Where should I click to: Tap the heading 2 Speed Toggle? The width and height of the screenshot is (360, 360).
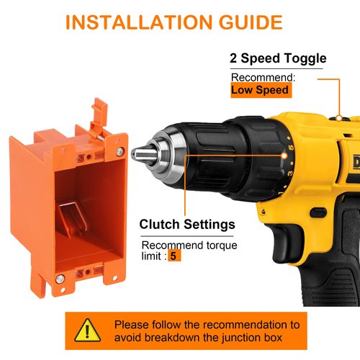coord(278,58)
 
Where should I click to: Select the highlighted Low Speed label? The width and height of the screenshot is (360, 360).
coord(261,90)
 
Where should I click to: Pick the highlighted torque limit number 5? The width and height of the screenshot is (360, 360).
coord(174,256)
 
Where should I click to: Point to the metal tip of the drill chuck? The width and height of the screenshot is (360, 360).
coord(140,153)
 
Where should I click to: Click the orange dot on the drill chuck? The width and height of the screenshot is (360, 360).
coord(186,153)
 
